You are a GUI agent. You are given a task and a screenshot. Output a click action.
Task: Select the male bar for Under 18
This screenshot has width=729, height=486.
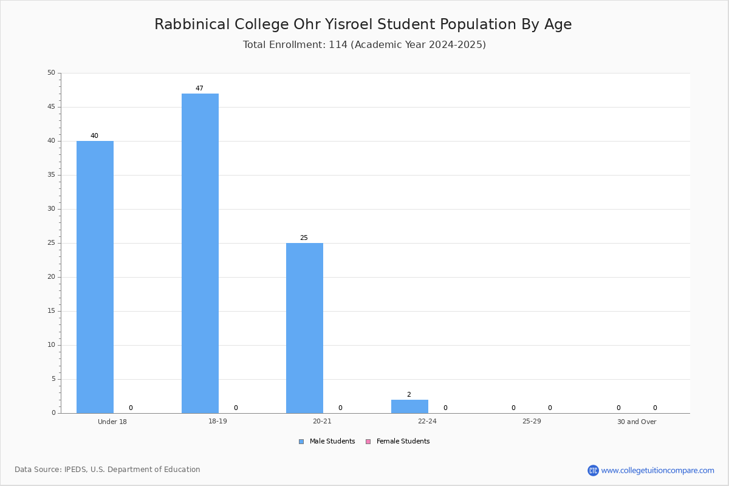pos(95,277)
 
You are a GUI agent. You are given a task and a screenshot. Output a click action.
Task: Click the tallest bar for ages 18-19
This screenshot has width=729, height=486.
pos(200,253)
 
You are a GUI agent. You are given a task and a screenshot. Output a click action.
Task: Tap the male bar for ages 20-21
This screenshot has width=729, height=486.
pos(304,328)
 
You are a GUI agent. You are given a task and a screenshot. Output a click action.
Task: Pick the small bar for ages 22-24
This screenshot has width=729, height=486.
pos(409,406)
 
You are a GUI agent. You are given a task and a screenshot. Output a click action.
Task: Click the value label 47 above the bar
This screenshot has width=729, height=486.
pos(199,88)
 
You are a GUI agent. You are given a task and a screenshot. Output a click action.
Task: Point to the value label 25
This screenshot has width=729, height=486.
pos(304,238)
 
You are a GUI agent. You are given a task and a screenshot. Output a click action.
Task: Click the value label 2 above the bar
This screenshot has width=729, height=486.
pos(409,394)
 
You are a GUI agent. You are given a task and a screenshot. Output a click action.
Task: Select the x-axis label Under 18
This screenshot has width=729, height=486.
pos(112,422)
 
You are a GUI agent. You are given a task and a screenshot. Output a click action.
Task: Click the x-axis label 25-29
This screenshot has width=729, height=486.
pos(532,421)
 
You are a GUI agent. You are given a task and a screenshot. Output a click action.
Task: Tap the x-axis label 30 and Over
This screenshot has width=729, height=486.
pos(637,422)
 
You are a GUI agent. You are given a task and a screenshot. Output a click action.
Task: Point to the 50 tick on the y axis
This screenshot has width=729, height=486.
pos(52,72)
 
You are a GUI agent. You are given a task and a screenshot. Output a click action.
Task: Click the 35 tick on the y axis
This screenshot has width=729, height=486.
pos(52,175)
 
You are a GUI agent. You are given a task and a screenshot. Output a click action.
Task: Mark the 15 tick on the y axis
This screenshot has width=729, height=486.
pos(52,311)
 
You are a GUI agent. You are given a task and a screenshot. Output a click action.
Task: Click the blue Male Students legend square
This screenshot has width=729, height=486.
pos(301,442)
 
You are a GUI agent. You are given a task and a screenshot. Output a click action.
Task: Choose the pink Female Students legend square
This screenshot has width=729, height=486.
pos(368,442)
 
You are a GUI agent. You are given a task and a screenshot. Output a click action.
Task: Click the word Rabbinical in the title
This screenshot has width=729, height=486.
pos(192,24)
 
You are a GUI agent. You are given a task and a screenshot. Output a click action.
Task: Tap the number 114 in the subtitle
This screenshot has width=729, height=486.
pos(338,44)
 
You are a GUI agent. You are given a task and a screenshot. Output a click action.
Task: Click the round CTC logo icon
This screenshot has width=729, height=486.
pos(593,470)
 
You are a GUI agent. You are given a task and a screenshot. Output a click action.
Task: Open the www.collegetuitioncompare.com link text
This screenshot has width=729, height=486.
pos(657,470)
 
